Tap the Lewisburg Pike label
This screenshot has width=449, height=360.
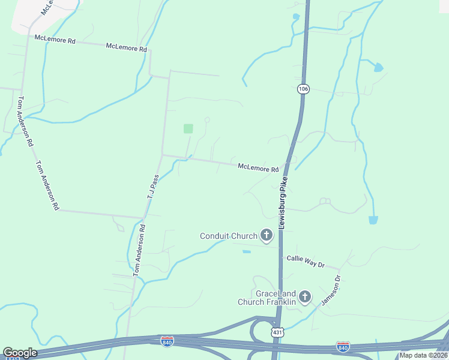282,202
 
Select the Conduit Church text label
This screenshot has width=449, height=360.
228,236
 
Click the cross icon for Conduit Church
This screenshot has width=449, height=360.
267,236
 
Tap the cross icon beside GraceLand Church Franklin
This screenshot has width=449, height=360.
305,296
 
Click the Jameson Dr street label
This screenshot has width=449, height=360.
331,290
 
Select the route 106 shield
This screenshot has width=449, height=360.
304,89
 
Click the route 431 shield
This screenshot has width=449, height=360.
277,332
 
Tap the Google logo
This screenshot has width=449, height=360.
20,353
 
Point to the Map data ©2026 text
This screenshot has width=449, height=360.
424,355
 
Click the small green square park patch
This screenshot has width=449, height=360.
188,128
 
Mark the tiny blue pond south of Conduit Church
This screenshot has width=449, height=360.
247,251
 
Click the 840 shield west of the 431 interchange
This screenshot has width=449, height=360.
167,341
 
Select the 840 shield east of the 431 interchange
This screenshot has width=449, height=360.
343,346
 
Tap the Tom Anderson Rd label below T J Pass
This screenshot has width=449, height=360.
139,251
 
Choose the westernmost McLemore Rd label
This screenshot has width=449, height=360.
55,40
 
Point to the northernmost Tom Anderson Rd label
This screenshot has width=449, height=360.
25,122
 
